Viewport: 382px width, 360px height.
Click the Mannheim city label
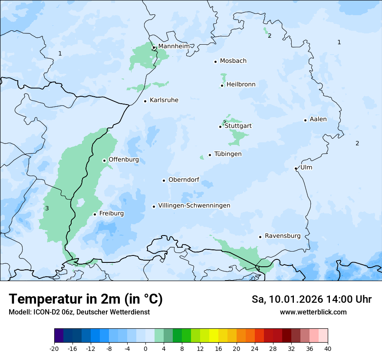tap(174, 46)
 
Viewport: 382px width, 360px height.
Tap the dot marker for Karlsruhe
tap(145, 101)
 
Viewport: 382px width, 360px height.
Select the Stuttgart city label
tap(238, 126)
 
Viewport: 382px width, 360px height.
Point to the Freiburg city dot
tap(95, 214)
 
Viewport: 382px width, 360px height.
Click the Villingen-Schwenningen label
tap(194, 206)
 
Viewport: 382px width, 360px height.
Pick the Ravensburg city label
tap(283, 236)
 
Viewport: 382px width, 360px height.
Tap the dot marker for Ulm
tap(296, 168)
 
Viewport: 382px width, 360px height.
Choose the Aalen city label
tap(318, 119)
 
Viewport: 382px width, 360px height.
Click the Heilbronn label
tap(241, 85)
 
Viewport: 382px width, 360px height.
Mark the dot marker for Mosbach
tap(215, 62)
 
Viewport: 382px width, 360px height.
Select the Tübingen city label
tap(228, 154)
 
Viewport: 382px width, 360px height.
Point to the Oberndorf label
tap(184, 180)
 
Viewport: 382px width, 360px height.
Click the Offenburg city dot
tap(104, 160)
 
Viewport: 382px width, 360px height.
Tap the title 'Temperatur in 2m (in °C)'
tap(86, 299)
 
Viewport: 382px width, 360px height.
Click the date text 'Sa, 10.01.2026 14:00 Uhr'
tap(312, 299)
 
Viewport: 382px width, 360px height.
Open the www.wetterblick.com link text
tap(313, 312)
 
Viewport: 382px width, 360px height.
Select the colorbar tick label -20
tap(54, 349)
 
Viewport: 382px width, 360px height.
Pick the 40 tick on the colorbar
tap(328, 349)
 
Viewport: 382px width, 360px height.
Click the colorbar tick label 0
tap(145, 349)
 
